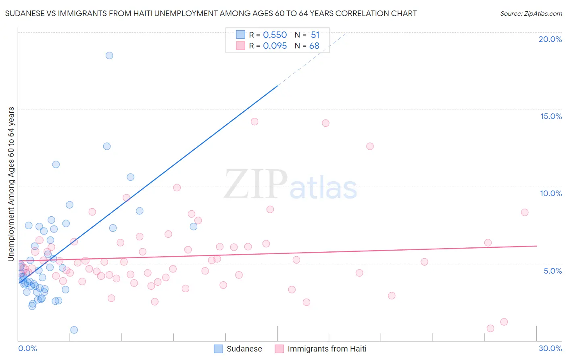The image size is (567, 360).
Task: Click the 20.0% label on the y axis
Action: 550,39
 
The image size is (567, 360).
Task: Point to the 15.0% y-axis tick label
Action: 551,116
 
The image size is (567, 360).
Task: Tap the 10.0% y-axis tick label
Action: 551,193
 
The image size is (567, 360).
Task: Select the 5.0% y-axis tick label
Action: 552,271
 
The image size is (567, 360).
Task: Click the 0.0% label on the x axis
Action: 27,348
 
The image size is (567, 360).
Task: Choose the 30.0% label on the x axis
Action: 550,348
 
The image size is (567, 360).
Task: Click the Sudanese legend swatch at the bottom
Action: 218,349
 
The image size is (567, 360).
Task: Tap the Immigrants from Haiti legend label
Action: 327,349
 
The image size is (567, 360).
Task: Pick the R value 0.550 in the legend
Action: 275,35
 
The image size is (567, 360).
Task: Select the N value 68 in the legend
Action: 314,46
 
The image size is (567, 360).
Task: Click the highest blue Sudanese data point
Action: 109,55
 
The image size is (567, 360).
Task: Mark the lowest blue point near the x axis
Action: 74,330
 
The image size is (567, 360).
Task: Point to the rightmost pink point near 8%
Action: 525,212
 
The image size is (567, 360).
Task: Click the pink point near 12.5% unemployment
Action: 370,146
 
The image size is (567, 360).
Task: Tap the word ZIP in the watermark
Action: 256,184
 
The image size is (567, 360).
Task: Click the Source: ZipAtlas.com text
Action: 531,14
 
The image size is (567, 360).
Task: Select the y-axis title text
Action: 11,184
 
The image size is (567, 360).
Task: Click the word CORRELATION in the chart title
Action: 354,14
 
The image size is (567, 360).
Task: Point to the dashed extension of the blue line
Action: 313,59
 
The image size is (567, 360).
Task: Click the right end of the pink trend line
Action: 536,246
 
